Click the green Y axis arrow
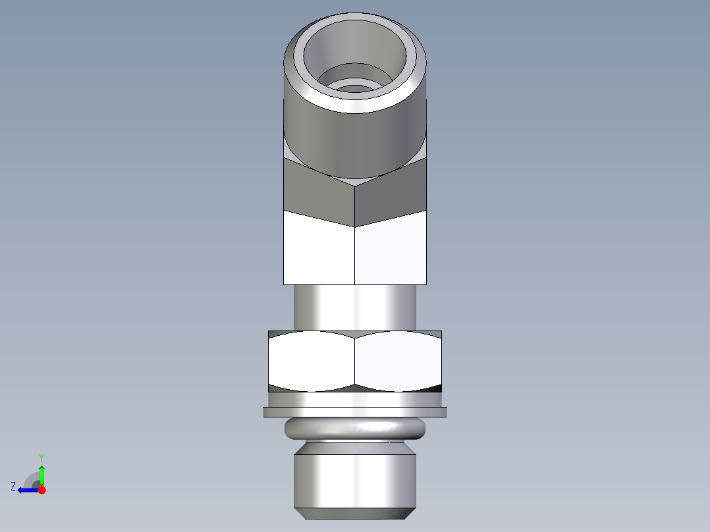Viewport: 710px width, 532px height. (x=41, y=474)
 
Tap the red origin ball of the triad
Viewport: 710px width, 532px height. (x=42, y=490)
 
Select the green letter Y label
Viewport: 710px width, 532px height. (x=41, y=457)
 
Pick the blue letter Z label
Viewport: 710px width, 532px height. (x=13, y=487)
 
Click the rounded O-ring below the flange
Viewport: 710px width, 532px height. (x=355, y=429)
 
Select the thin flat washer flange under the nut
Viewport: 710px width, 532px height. (x=355, y=412)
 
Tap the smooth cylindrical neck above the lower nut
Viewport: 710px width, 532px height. (x=355, y=306)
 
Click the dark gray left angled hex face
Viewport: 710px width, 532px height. (x=319, y=194)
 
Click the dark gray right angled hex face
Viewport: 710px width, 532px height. (x=391, y=194)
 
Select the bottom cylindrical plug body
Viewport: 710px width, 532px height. (x=355, y=477)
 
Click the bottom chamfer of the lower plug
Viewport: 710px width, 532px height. (x=355, y=513)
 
